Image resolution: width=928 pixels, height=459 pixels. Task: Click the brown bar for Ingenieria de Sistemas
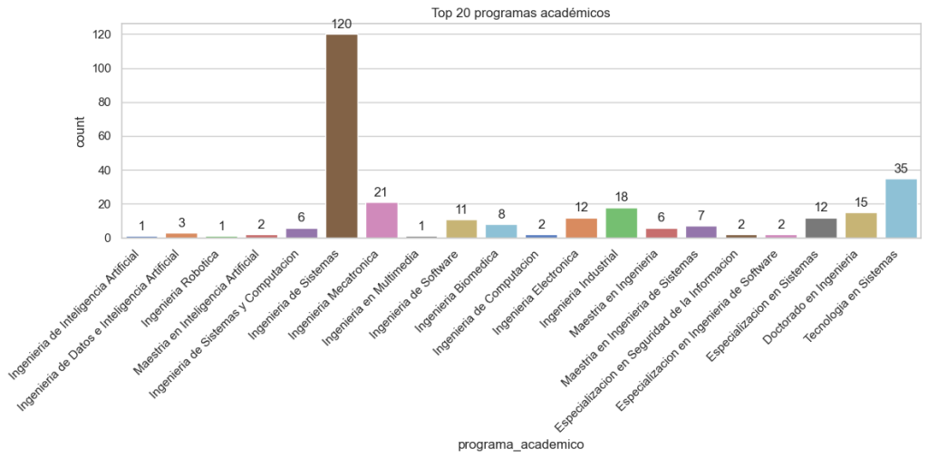click(x=342, y=136)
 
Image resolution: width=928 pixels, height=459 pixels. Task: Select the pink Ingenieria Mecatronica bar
click(x=382, y=220)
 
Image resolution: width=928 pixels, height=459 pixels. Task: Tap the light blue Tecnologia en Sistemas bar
click(x=900, y=209)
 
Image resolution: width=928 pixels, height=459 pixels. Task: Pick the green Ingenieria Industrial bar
click(x=621, y=223)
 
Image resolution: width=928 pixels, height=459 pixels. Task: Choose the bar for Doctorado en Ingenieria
click(x=860, y=226)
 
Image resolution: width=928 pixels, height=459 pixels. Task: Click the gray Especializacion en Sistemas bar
click(x=820, y=229)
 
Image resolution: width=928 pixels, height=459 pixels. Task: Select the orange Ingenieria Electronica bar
click(x=581, y=229)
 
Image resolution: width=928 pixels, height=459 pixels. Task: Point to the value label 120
click(x=342, y=24)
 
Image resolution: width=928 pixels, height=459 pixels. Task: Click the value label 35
click(x=900, y=168)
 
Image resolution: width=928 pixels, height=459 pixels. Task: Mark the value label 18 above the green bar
click(x=621, y=197)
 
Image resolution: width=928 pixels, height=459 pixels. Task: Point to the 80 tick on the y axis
click(x=105, y=103)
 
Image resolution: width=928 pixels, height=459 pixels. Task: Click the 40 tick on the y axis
click(x=105, y=171)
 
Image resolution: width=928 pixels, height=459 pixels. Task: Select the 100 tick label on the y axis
click(x=101, y=68)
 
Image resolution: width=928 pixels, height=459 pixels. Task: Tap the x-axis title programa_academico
click(x=520, y=444)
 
